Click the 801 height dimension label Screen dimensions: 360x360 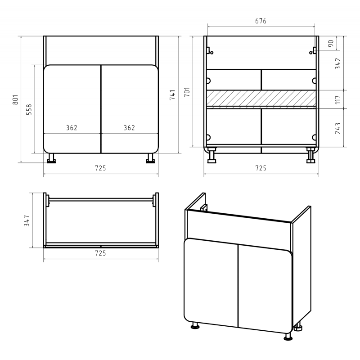click(x=15, y=99)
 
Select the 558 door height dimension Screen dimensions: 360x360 click(x=29, y=109)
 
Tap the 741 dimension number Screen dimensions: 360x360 click(x=172, y=94)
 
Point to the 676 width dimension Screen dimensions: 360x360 click(x=261, y=21)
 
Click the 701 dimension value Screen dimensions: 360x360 click(x=187, y=92)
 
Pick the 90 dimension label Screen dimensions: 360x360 click(x=331, y=43)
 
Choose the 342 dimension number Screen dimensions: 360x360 click(x=338, y=63)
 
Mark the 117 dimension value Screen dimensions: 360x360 click(x=338, y=99)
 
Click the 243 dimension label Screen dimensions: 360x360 click(x=338, y=128)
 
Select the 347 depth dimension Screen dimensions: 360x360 click(x=27, y=220)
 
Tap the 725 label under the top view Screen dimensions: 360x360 click(x=100, y=253)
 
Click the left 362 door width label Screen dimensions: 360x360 click(x=72, y=128)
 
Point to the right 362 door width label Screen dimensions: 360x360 click(x=130, y=128)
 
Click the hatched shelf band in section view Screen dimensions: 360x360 click(x=261, y=98)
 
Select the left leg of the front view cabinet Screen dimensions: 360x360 click(x=51, y=158)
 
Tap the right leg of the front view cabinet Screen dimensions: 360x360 click(x=151, y=158)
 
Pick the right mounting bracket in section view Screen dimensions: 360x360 click(x=313, y=51)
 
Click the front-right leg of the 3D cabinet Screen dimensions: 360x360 click(x=288, y=336)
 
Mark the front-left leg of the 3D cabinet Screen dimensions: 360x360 click(x=195, y=325)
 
